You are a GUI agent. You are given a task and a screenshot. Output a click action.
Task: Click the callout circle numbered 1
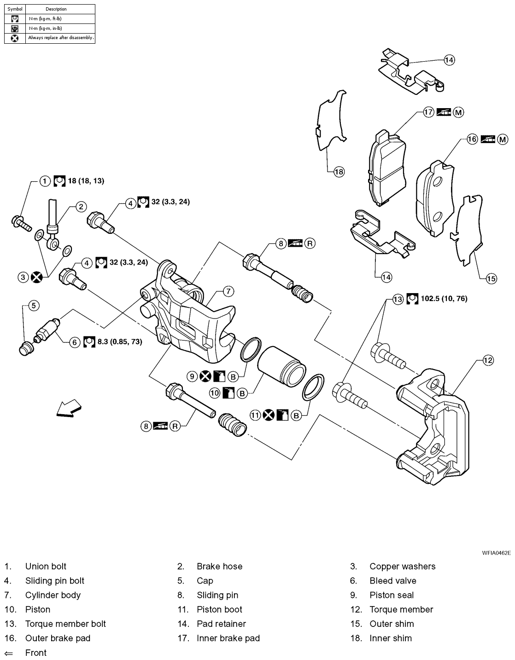tap(44, 181)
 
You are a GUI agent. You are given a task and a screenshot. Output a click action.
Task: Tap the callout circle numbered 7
tap(228, 291)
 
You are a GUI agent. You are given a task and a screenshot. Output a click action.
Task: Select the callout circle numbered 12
tap(488, 360)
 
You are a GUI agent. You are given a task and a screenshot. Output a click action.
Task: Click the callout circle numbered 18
tap(339, 172)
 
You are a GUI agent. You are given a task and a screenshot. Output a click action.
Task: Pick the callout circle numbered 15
tap(491, 278)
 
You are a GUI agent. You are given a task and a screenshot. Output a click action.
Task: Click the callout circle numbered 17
tap(429, 112)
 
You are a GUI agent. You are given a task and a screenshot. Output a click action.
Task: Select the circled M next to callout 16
tap(502, 139)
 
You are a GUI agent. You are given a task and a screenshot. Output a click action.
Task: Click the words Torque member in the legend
tap(401, 609)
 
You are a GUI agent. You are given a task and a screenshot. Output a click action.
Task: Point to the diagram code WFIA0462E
tap(497, 553)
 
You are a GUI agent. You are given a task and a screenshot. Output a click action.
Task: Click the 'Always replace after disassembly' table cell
tap(60, 38)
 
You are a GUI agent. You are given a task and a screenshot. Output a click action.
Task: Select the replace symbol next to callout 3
tap(37, 277)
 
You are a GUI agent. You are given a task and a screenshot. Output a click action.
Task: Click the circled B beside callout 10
tap(242, 393)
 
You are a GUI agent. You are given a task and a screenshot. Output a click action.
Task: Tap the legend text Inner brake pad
tap(228, 638)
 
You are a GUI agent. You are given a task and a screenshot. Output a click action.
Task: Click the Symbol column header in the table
tap(15, 9)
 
